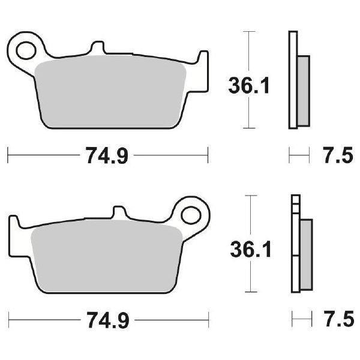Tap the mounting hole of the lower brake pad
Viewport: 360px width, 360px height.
tap(193, 214)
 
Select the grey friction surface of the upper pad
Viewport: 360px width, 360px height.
tap(111, 93)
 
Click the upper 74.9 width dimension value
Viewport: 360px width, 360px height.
tap(107, 157)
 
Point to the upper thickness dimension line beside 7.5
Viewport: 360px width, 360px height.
tap(299, 157)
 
